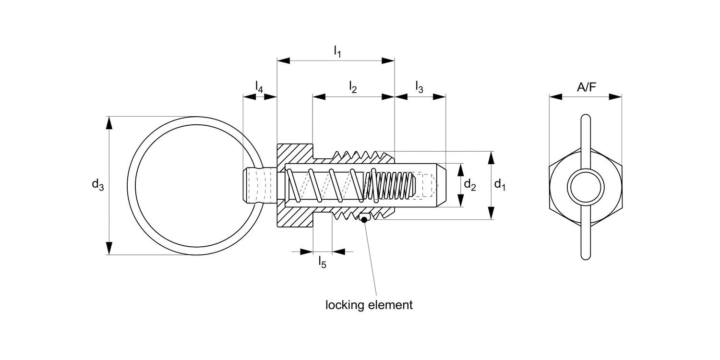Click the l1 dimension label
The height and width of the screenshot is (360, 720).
(337, 52)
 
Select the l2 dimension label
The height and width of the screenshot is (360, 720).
(353, 87)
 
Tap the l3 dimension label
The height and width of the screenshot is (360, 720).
(419, 87)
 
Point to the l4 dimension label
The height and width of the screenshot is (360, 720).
(259, 87)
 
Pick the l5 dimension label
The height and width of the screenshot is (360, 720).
(322, 262)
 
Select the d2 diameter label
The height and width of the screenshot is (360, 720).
(469, 185)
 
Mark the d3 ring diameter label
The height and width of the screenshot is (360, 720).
(98, 185)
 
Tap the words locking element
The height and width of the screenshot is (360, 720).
(369, 305)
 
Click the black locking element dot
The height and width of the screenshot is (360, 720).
(364, 220)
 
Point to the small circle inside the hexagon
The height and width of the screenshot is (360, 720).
(586, 185)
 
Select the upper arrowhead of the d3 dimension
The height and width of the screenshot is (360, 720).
(109, 123)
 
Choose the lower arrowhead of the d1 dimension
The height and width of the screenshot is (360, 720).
(492, 213)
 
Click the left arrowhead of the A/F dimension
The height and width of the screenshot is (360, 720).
(556, 96)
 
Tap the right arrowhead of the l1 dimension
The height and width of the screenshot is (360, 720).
(388, 61)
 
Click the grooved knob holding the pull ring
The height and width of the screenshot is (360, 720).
(259, 185)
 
